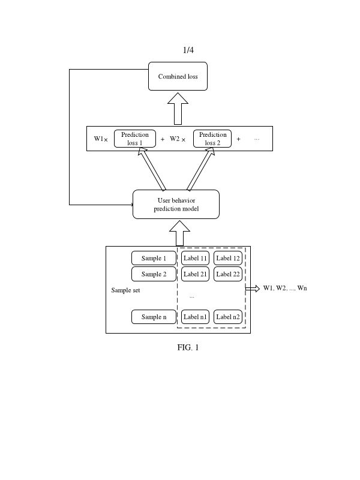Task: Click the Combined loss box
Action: [178, 76]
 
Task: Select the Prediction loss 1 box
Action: [135, 139]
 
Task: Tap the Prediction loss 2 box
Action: [212, 139]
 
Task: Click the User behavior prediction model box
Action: [176, 205]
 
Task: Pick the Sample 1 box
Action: [154, 258]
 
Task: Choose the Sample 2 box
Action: [154, 274]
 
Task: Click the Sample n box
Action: [154, 317]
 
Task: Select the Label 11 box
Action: [196, 258]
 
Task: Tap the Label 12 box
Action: [228, 258]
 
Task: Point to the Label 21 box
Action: [196, 274]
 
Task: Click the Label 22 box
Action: [228, 274]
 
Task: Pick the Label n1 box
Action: [196, 317]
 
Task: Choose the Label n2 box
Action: [228, 317]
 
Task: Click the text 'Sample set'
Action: [125, 290]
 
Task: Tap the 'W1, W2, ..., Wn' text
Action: [285, 288]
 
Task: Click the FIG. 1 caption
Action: [188, 347]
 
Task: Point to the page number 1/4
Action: [188, 50]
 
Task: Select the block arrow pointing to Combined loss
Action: [178, 109]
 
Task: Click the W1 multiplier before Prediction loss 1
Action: [100, 139]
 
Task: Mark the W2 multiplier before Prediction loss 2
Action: [178, 139]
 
